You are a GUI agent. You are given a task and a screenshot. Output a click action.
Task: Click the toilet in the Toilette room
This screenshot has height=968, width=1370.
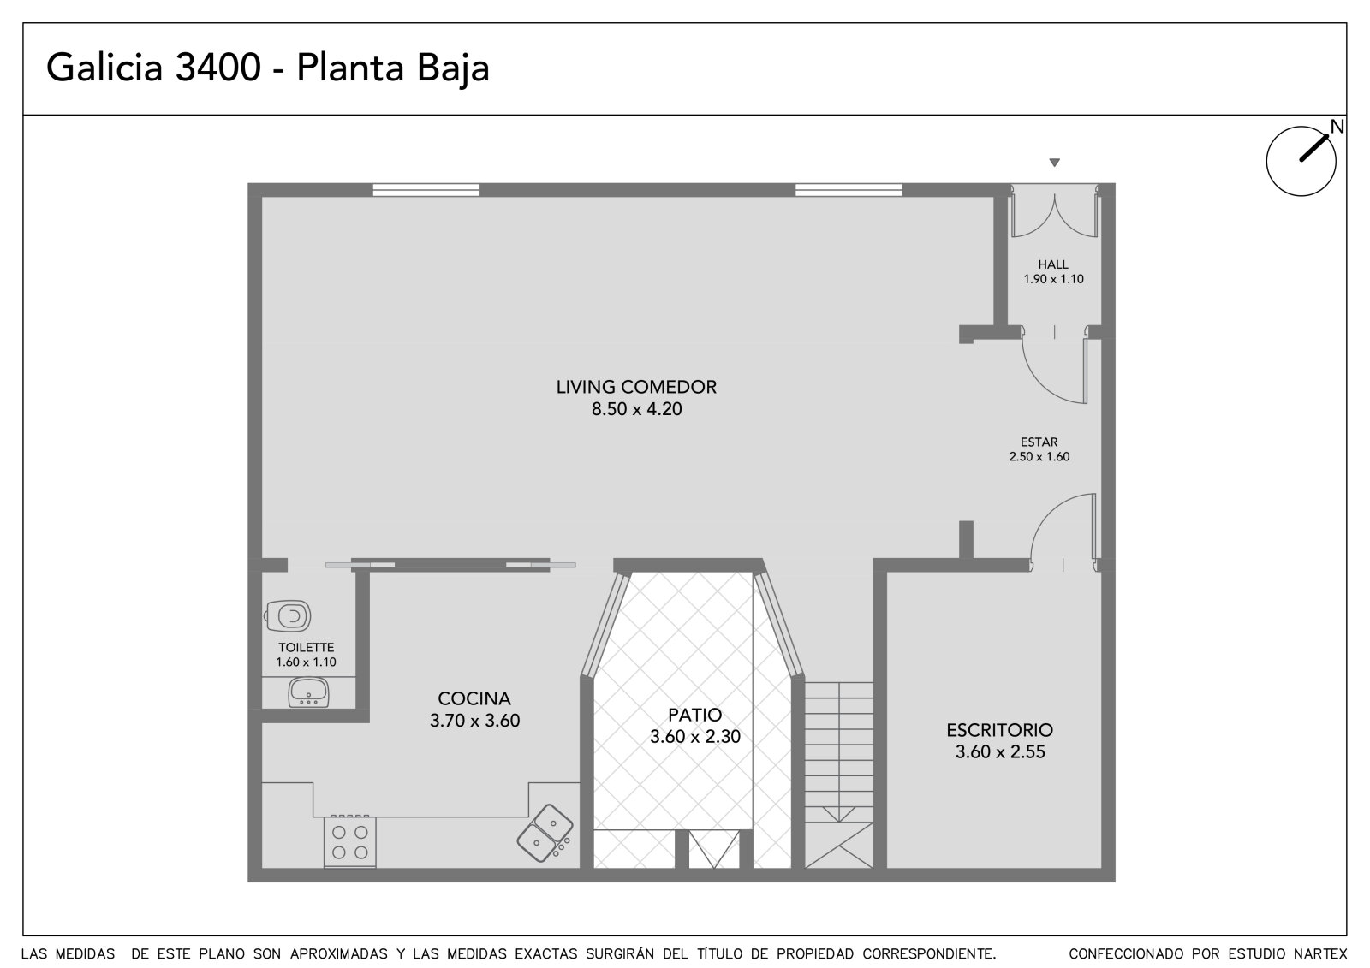(x=288, y=615)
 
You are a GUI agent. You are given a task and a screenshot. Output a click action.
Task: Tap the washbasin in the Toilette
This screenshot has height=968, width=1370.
(x=309, y=692)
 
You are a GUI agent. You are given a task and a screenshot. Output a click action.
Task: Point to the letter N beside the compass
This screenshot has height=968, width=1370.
(x=1337, y=128)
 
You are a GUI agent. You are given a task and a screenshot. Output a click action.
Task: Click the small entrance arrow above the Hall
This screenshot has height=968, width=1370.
(x=1054, y=163)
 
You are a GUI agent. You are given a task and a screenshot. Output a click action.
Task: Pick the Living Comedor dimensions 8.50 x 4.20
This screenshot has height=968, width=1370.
(x=637, y=409)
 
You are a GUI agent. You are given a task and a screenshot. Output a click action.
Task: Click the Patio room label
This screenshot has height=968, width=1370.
(x=694, y=714)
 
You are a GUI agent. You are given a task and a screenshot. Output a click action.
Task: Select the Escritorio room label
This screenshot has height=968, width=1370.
(x=1000, y=729)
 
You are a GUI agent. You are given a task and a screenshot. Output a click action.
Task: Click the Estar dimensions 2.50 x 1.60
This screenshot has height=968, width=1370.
(x=1039, y=457)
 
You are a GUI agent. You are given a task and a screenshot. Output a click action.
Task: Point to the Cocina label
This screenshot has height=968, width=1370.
(x=474, y=698)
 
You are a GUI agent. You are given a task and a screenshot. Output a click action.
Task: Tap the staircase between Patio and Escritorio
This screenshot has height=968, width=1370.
(x=838, y=775)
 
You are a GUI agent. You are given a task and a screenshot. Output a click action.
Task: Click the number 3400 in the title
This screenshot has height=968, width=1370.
(x=218, y=68)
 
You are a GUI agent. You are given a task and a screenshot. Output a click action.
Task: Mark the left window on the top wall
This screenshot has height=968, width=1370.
(x=426, y=190)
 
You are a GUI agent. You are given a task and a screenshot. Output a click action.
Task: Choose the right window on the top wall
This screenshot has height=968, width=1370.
(x=849, y=190)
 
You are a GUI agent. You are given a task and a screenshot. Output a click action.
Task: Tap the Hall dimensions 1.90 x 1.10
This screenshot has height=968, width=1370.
(x=1054, y=280)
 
